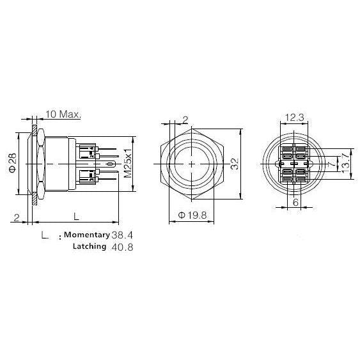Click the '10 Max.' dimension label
pos(62,114)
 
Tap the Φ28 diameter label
pos(13,163)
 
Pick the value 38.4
pos(123,235)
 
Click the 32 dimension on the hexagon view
pos(235,164)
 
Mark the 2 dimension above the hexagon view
pos(185,119)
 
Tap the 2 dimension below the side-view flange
pos(16,217)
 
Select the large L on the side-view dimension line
pos(75,216)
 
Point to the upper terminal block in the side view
pos(88,151)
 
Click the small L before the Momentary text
pos(45,235)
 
